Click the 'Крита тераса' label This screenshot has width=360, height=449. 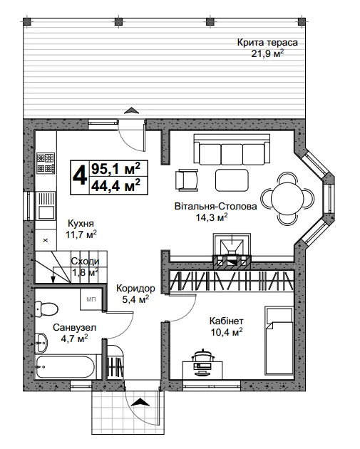(267, 42)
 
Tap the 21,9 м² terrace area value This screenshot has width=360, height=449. (267, 53)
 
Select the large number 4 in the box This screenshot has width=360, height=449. (80, 177)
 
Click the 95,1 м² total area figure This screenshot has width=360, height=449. (115, 169)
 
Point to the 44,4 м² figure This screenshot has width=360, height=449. (115, 185)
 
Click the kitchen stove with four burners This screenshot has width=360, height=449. (46, 163)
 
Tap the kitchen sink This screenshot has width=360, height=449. (46, 206)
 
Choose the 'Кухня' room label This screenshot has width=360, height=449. (81, 223)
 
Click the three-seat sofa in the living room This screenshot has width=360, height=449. (232, 149)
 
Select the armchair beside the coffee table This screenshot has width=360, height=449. (187, 180)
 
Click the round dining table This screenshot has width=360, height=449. (287, 198)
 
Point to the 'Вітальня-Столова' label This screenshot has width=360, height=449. (216, 207)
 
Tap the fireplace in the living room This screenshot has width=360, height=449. (232, 251)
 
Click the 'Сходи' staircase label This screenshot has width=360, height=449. (85, 261)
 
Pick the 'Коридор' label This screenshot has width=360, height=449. (135, 289)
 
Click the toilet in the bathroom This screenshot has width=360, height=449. (46, 309)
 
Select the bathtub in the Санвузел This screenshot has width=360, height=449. (65, 367)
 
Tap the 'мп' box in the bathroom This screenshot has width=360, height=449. (91, 299)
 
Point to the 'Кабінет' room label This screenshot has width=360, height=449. (227, 321)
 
